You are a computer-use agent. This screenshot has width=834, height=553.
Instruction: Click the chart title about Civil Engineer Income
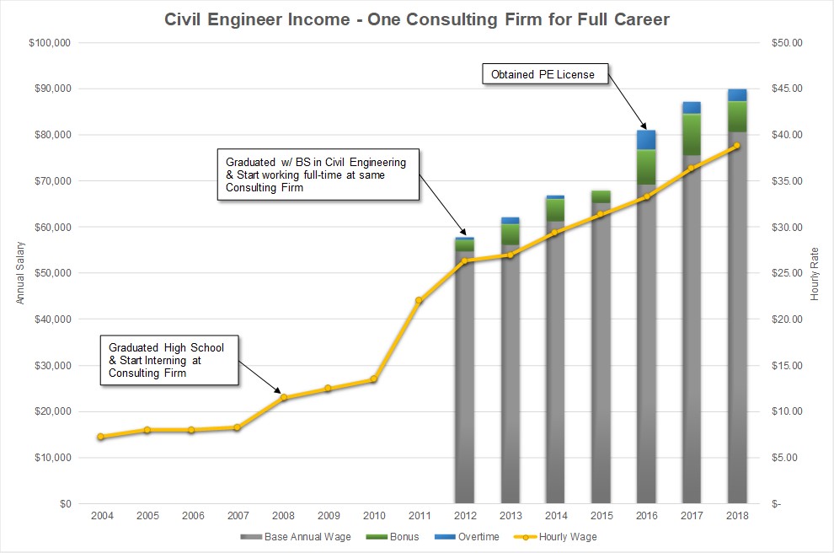click(417, 19)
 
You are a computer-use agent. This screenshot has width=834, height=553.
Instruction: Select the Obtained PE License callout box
click(544, 74)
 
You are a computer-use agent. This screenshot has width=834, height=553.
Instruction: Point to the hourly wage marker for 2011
click(419, 300)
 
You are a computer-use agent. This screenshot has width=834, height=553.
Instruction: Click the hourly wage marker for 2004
click(100, 437)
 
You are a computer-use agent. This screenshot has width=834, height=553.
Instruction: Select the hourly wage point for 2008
click(283, 398)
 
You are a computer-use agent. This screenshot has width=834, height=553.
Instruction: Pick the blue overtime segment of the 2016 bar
click(646, 140)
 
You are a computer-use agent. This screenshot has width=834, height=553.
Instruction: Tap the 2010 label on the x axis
click(373, 515)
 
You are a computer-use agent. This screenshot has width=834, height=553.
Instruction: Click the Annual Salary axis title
click(20, 273)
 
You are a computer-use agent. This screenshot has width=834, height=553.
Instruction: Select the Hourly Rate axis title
click(815, 273)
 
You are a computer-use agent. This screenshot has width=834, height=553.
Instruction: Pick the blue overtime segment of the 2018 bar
click(737, 94)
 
